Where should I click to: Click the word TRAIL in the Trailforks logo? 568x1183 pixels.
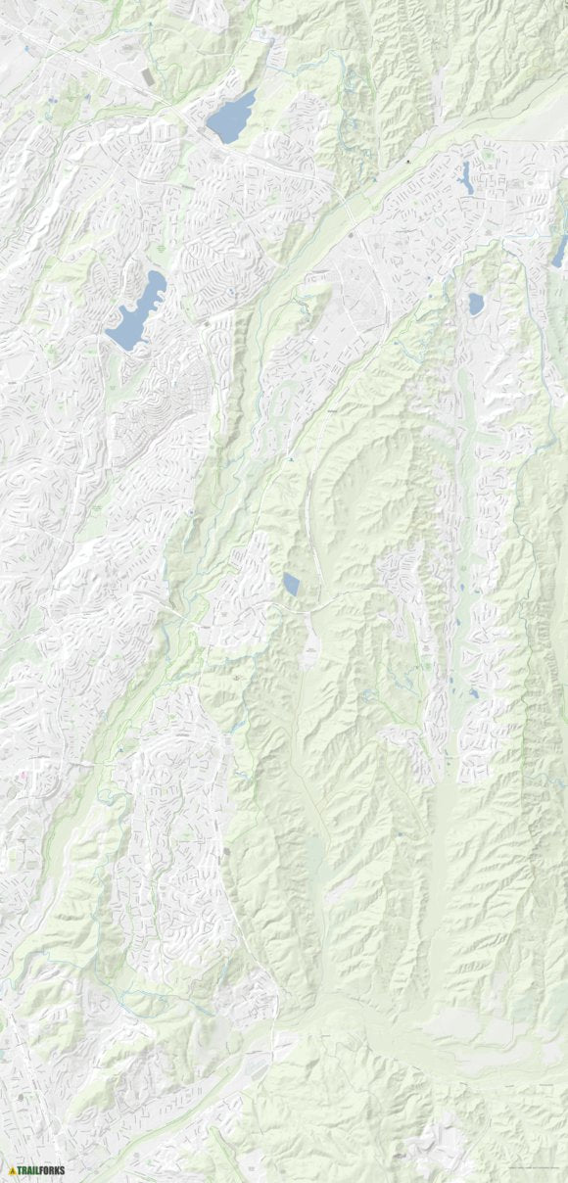click(x=27, y=1169)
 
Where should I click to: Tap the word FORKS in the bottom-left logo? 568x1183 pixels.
click(x=51, y=1169)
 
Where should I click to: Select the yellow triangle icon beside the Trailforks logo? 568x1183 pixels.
click(x=10, y=1169)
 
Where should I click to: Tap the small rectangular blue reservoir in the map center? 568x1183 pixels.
click(x=291, y=585)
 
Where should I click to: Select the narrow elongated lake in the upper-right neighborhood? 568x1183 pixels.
click(x=467, y=176)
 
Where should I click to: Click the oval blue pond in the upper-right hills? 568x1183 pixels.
click(x=476, y=304)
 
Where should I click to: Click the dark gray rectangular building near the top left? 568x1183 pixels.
click(x=147, y=75)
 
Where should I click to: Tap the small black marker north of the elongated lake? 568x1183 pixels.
click(x=408, y=160)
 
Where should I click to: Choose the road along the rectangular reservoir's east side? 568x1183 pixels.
click(x=308, y=578)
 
